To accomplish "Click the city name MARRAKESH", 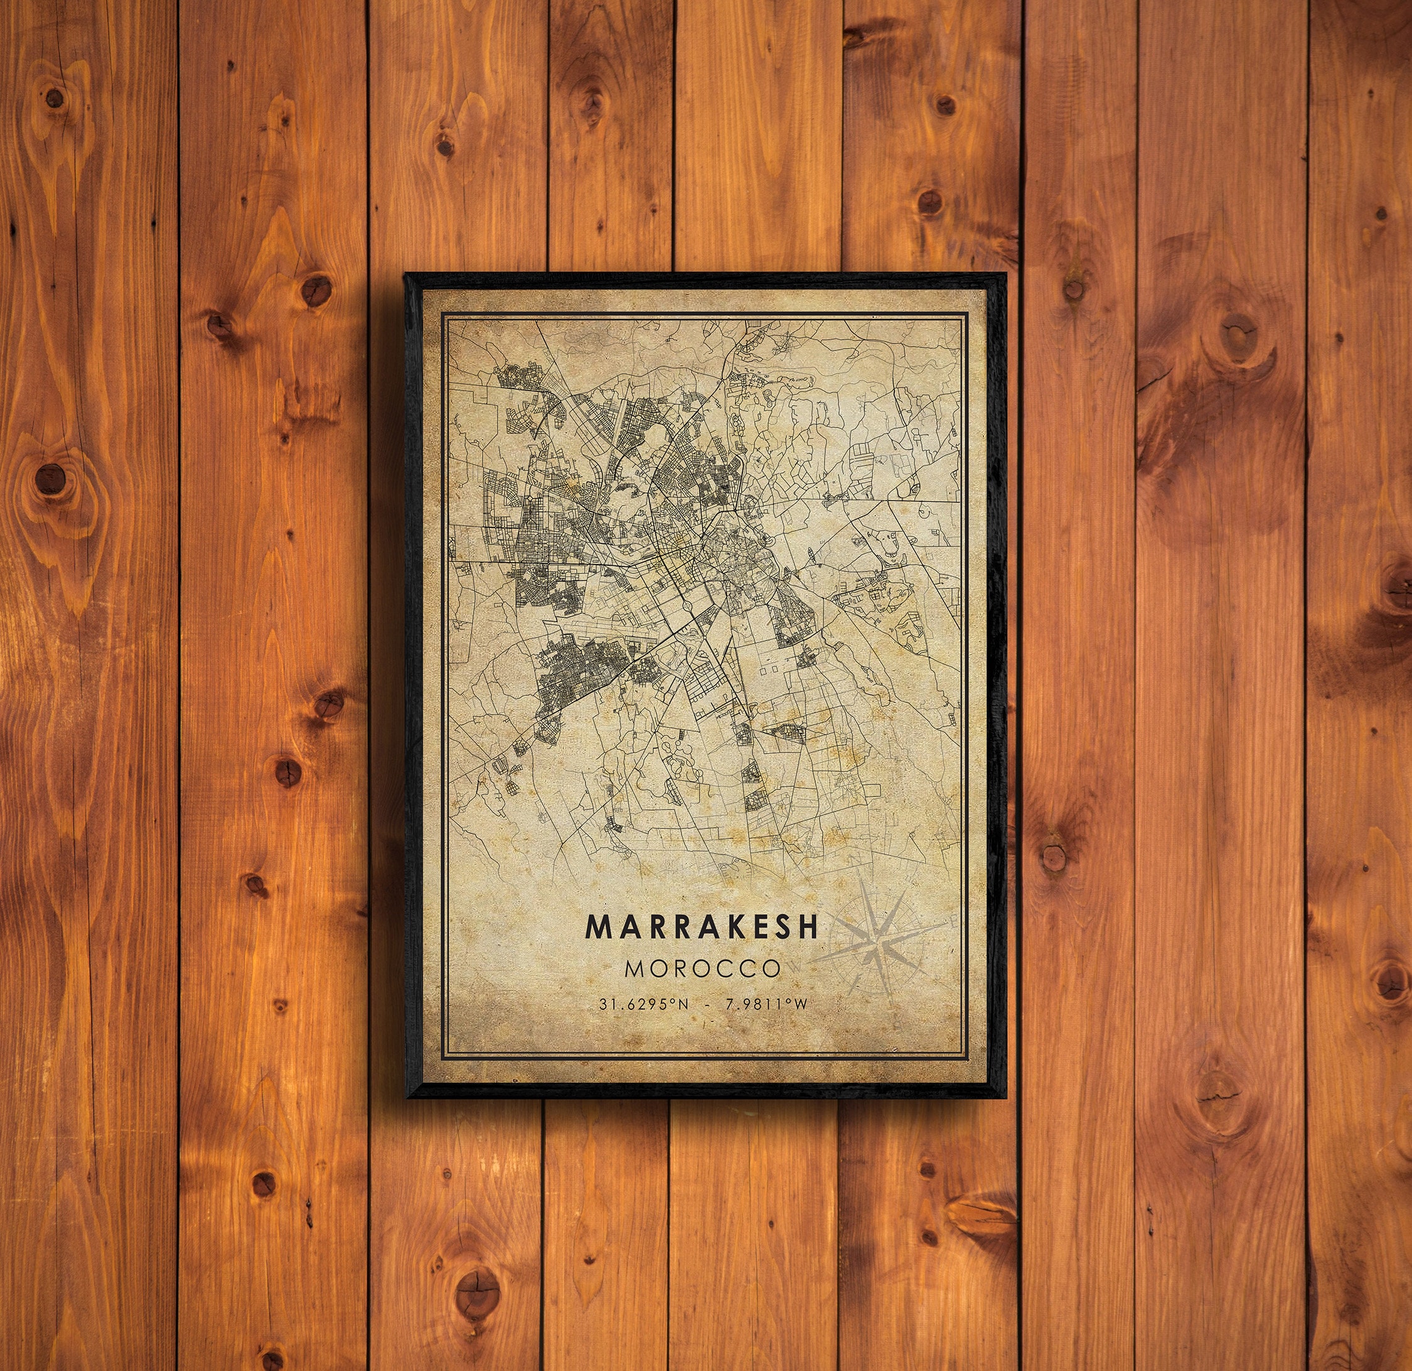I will pyautogui.click(x=702, y=927).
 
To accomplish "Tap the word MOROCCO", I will pyautogui.click(x=702, y=967).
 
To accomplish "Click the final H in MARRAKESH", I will pyautogui.click(x=809, y=927).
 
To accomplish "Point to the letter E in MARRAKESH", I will pyautogui.click(x=754, y=927).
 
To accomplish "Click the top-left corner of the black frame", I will pyautogui.click(x=406, y=275).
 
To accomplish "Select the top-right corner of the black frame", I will pyautogui.click(x=1005, y=275).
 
